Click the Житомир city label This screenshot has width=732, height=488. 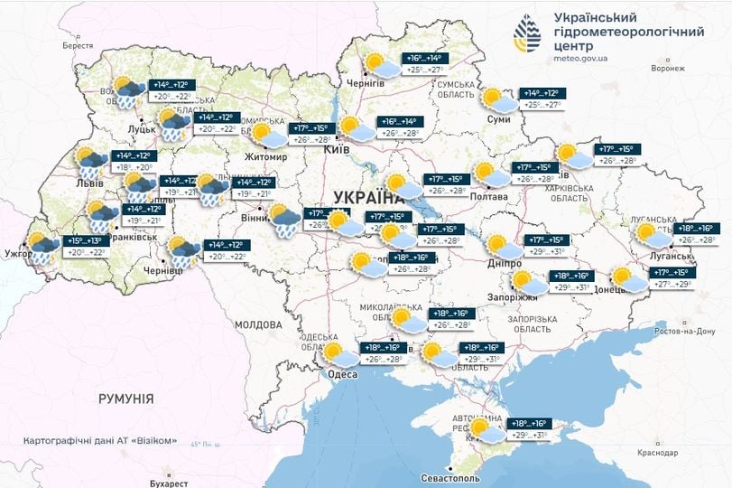pos(264,157)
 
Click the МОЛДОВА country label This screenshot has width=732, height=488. pos(258,324)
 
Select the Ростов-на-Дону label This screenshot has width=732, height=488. pos(689,332)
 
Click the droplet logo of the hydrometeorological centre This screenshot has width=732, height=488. pos(530,35)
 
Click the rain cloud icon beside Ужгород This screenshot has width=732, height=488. pos(42,246)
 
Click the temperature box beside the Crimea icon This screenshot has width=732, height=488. pos(529,429)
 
